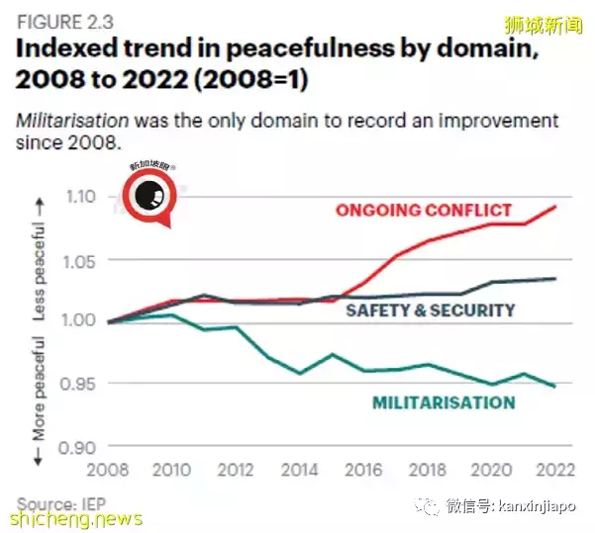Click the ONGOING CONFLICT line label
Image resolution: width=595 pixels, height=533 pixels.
point(424,210)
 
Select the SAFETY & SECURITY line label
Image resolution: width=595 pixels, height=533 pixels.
point(430,310)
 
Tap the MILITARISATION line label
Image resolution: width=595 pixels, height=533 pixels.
point(444,401)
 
